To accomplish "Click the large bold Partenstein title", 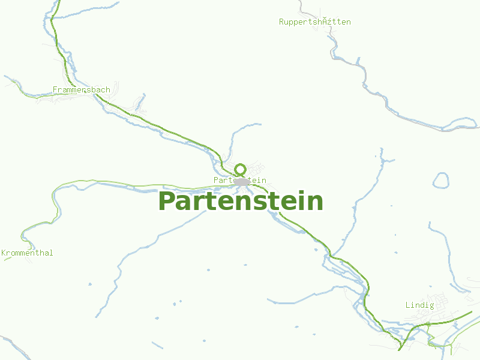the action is [x=240, y=201].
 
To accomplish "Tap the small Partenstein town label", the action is [x=239, y=181].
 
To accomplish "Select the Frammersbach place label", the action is [x=82, y=90].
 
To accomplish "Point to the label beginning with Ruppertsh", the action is [x=314, y=22].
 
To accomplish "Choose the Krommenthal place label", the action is [x=27, y=253].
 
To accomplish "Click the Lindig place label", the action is [x=419, y=305].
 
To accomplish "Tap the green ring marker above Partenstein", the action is [x=241, y=169].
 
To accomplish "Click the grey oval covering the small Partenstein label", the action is [x=242, y=181].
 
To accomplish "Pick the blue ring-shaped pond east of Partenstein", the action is [x=441, y=180].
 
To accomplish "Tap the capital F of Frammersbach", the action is [x=55, y=90].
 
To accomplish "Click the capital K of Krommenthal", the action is [x=4, y=253].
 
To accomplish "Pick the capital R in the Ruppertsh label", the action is [x=281, y=22].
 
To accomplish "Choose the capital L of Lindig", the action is [x=408, y=305].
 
